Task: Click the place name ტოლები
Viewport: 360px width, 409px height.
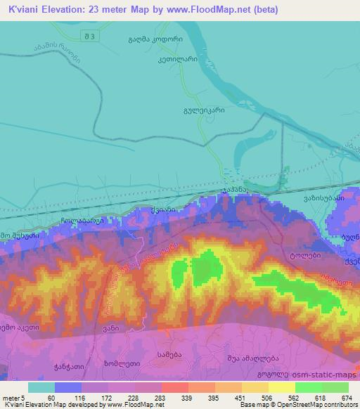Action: [x=303, y=256]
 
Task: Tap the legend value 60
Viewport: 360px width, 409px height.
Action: [x=51, y=398]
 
